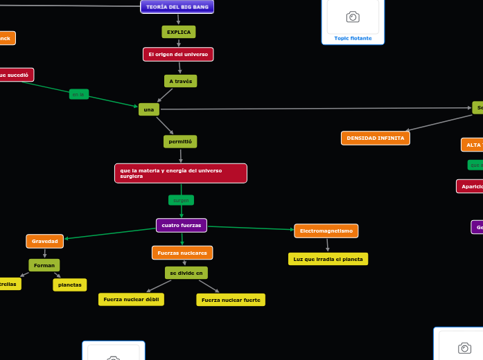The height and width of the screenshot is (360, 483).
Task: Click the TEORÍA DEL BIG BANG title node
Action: (177, 7)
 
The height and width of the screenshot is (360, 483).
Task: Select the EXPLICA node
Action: (179, 32)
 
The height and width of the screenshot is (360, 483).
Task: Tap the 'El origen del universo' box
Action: (178, 54)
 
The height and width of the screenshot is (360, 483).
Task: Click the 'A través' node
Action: (181, 81)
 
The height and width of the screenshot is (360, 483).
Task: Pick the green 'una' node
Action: (148, 109)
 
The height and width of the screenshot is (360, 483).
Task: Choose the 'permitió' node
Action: (180, 141)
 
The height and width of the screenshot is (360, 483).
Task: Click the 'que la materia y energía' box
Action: (180, 173)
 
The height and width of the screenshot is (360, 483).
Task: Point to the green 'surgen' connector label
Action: (181, 200)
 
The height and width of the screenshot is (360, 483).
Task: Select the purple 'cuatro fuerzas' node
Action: (182, 225)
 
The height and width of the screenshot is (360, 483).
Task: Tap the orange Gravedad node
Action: (45, 241)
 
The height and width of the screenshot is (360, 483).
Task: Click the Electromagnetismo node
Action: (326, 231)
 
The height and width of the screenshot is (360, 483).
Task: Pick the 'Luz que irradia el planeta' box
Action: (328, 259)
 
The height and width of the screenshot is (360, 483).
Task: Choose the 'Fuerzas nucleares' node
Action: (182, 253)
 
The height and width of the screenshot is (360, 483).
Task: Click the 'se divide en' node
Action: (186, 273)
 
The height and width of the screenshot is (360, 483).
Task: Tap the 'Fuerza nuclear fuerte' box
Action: (231, 300)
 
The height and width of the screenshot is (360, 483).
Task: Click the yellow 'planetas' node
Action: (70, 285)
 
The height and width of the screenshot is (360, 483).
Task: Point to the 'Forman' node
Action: (44, 265)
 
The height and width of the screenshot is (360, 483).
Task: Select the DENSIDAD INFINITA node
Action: (376, 138)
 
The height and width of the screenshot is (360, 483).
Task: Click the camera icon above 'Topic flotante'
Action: (353, 17)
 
